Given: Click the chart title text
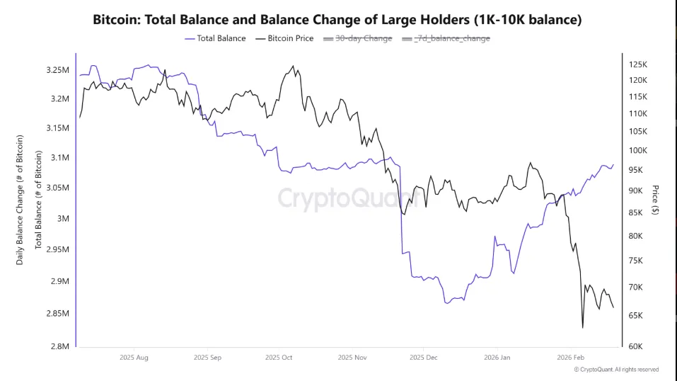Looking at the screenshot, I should (x=337, y=20).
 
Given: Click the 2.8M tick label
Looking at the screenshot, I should (x=60, y=346).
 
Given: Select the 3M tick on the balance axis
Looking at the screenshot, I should (x=64, y=218).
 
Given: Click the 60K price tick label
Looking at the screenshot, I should (x=635, y=346).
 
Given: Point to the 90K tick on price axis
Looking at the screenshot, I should (x=635, y=190).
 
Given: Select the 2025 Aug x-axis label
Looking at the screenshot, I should (x=134, y=358).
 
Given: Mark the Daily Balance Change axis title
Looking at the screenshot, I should (x=21, y=200).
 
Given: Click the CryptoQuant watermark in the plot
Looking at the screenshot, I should (x=338, y=198).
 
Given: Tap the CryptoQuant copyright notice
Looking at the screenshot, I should (x=615, y=370).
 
